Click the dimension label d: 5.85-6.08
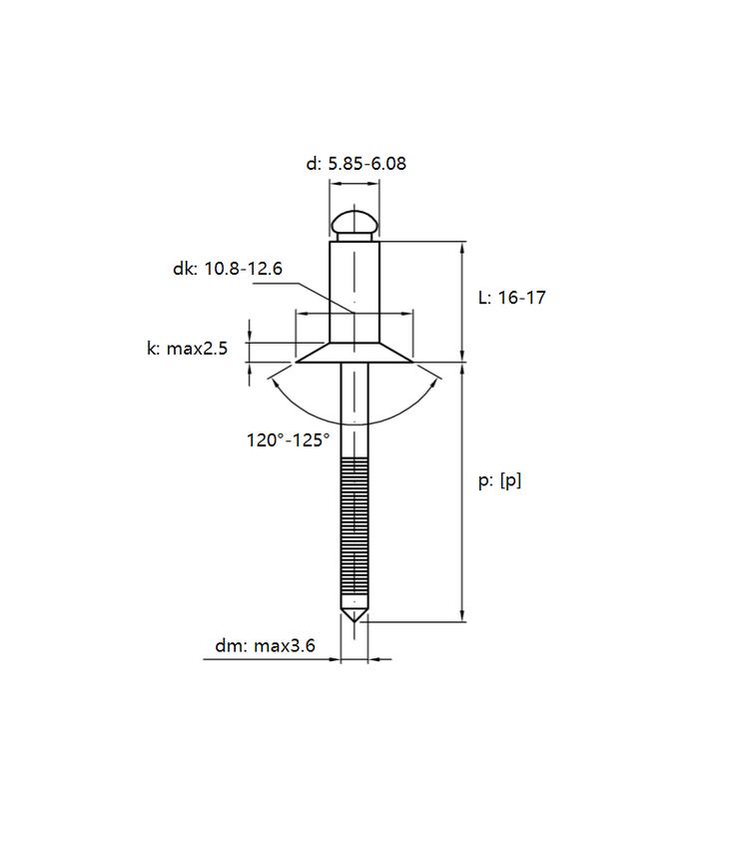tap(357, 164)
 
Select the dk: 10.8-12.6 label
tap(228, 269)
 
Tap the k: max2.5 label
tap(188, 349)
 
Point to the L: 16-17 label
tap(512, 298)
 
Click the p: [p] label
tap(499, 480)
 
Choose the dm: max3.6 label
tap(265, 646)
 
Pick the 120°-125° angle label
tap(288, 440)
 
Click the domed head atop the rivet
tap(355, 226)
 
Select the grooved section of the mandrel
tap(355, 526)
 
